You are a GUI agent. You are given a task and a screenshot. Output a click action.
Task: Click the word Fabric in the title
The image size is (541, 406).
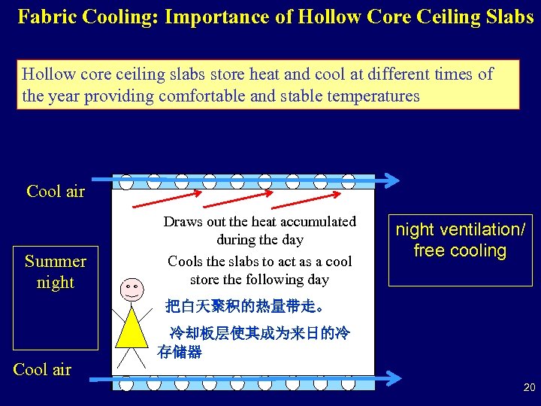pyautogui.click(x=48, y=17)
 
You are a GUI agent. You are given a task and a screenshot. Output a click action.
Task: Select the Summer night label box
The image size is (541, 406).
pyautogui.click(x=56, y=271)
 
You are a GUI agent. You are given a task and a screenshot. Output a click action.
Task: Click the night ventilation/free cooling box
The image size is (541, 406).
pyautogui.click(x=461, y=241)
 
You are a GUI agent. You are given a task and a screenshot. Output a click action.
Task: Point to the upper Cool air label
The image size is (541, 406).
pyautogui.click(x=56, y=191)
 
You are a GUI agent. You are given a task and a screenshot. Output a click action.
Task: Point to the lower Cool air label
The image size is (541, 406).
pyautogui.click(x=42, y=369)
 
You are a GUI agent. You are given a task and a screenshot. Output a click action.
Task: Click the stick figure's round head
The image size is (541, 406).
pyautogui.click(x=131, y=289)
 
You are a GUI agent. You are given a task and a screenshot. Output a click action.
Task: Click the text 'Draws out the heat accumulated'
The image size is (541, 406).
pyautogui.click(x=260, y=222)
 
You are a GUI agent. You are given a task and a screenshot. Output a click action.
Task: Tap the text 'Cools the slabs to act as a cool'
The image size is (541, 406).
pyautogui.click(x=260, y=262)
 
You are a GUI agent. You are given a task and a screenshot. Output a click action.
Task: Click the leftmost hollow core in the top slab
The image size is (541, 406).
pyautogui.click(x=126, y=182)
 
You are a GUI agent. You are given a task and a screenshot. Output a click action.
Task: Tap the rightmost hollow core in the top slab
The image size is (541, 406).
pyautogui.click(x=348, y=182)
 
